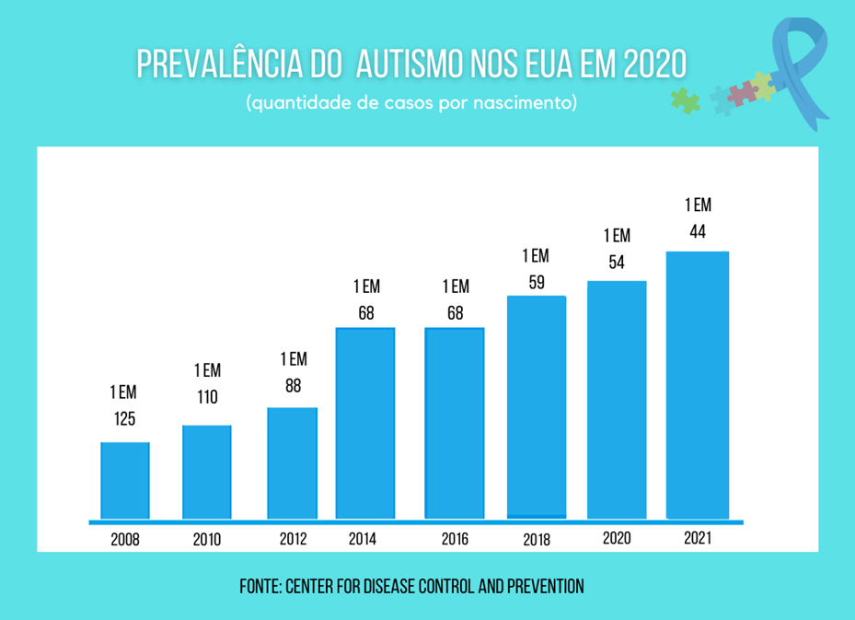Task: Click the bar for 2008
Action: tap(125, 480)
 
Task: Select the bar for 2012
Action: tap(293, 463)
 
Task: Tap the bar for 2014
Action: tap(365, 423)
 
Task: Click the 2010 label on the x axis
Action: tap(207, 540)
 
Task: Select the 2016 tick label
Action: tap(454, 539)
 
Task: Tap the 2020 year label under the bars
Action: tap(617, 538)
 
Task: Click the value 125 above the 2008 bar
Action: tap(125, 419)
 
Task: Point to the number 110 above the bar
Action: tap(207, 397)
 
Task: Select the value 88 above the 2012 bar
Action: tap(293, 386)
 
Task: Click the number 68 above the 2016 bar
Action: tap(455, 313)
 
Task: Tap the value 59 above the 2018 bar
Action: tap(537, 283)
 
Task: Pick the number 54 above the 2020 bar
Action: tap(617, 263)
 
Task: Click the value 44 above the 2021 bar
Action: tap(698, 232)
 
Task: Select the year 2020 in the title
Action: tap(654, 64)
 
